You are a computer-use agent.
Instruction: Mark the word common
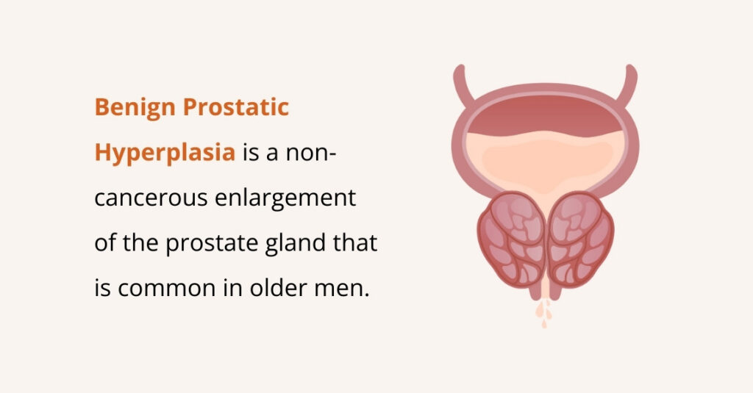tap(160, 288)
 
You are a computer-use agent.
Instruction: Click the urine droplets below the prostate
tap(545, 312)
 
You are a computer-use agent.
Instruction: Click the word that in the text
tap(357, 243)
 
